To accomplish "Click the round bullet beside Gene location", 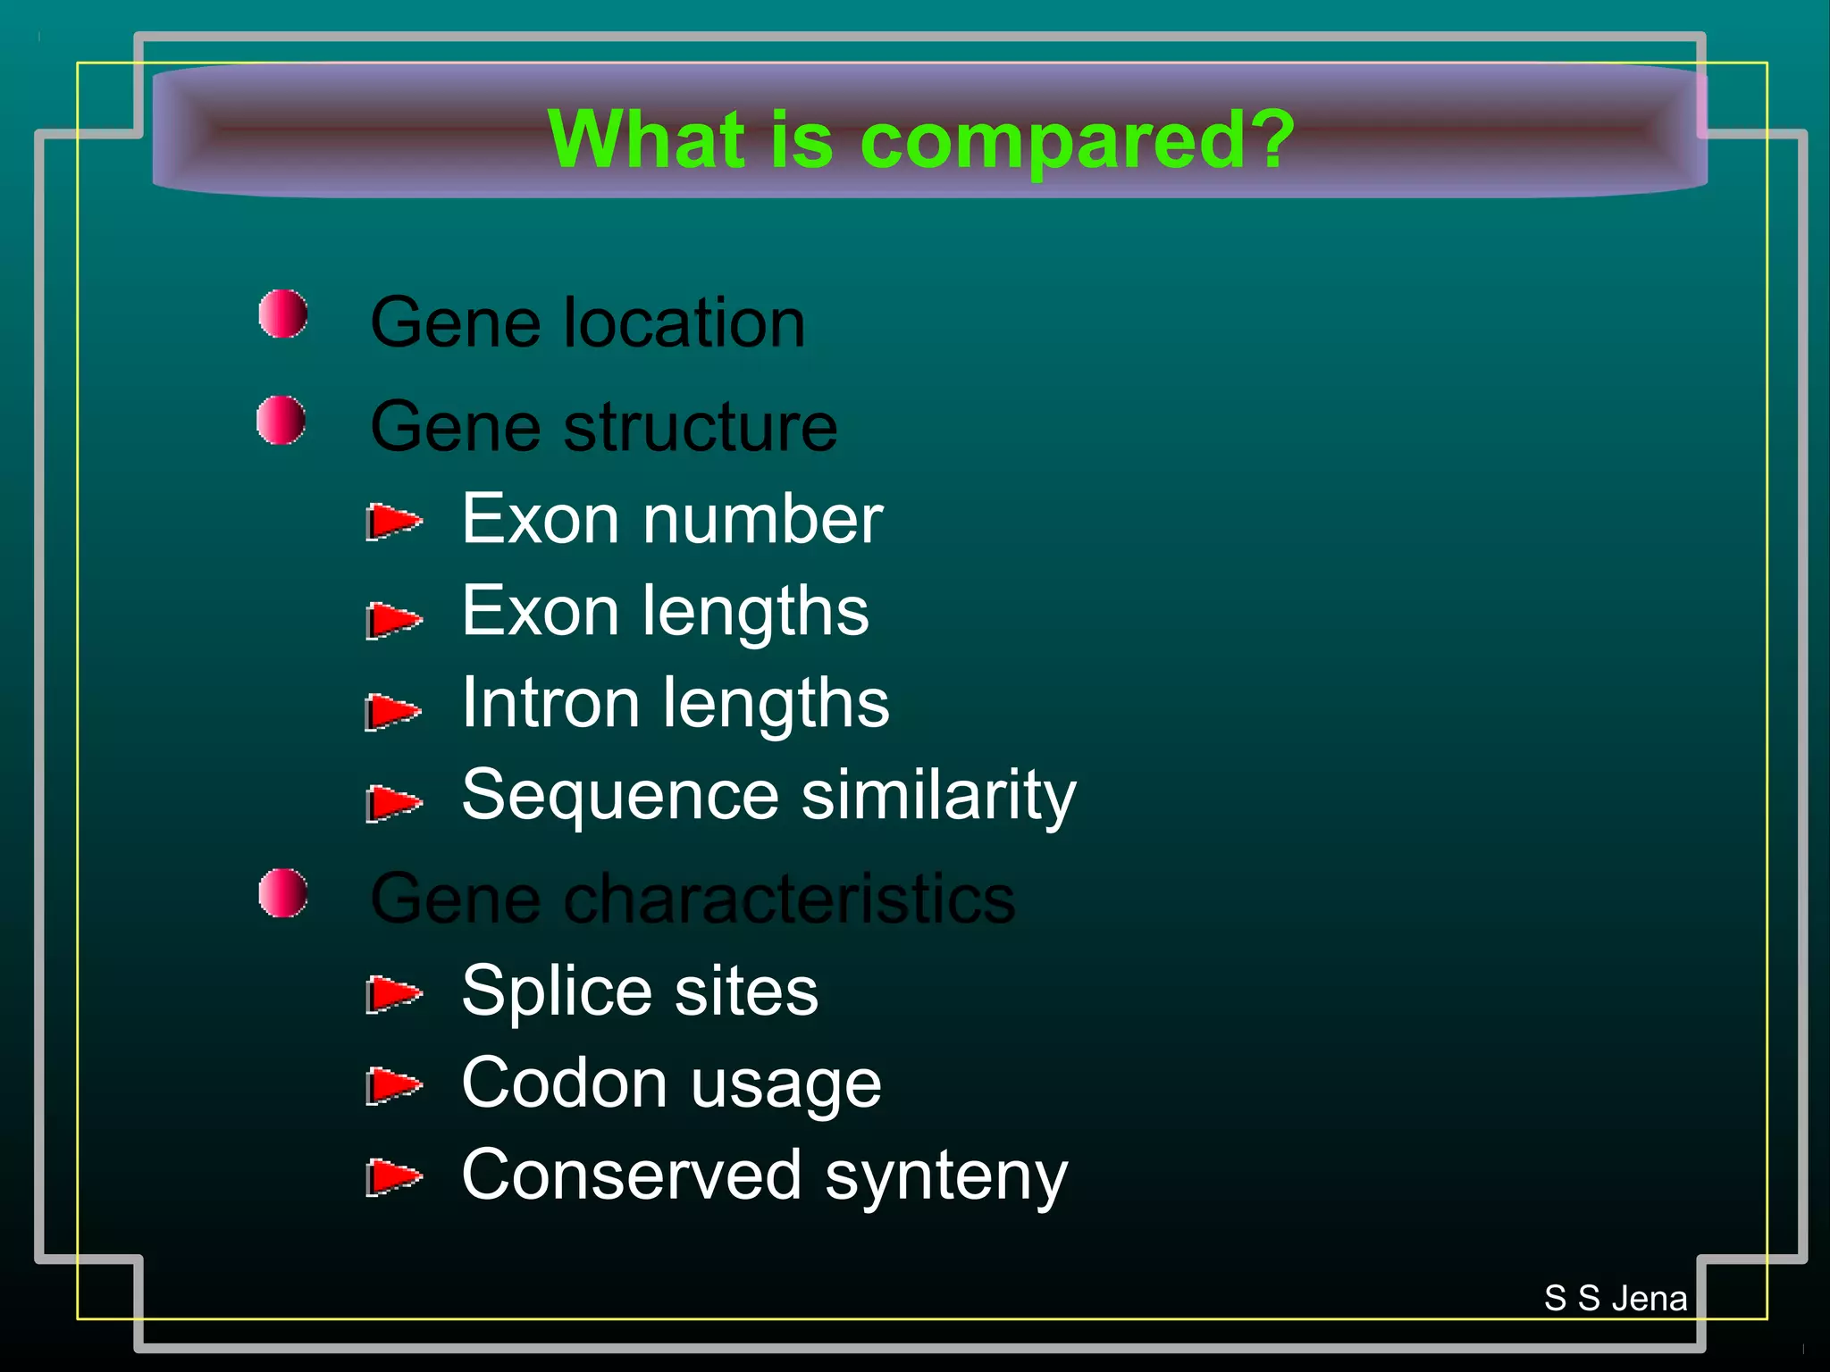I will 283,314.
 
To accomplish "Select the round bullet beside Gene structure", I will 281,420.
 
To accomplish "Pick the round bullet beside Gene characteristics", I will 283,892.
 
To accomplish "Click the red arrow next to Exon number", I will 393,521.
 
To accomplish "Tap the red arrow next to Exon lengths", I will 393,619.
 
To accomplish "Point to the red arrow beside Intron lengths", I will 392,711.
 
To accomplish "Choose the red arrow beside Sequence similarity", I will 393,802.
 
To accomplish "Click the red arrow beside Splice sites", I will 393,994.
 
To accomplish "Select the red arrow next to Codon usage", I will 393,1085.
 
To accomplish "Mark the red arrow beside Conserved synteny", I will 393,1176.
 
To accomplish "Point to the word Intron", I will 550,703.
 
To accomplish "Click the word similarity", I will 938,795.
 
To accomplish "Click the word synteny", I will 946,1177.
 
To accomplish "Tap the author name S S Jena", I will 1616,1298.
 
